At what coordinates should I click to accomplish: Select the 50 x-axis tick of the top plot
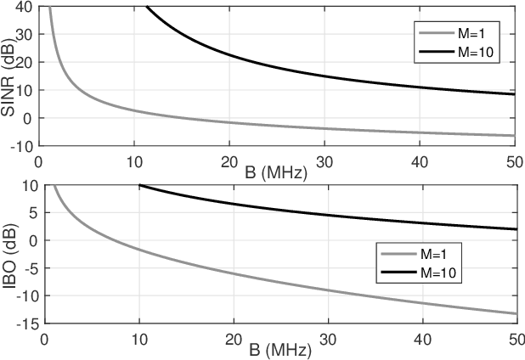513,160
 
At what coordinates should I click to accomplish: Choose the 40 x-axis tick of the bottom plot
420,338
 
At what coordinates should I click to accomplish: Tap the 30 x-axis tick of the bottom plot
325,338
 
